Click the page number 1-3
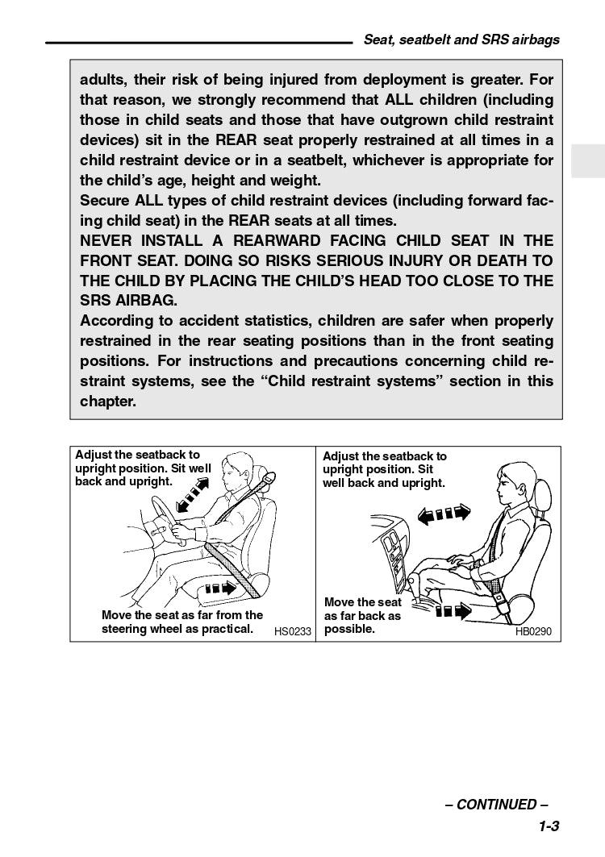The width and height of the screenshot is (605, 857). coord(549,826)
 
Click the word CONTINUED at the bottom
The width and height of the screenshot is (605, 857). coord(496,805)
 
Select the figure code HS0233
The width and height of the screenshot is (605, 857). coord(292,631)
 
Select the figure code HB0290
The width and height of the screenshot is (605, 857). coord(533,631)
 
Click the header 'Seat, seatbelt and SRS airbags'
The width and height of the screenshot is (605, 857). coord(461,40)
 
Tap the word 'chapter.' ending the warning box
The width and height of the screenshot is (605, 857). coord(107,401)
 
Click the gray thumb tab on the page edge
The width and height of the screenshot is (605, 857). coord(587,161)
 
